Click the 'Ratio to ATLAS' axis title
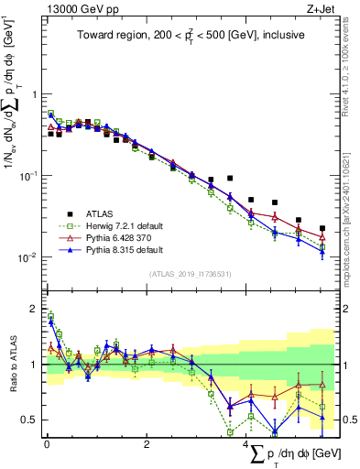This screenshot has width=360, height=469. (x=15, y=364)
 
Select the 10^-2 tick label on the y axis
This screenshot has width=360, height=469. (x=26, y=257)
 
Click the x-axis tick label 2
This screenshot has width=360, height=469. (x=147, y=444)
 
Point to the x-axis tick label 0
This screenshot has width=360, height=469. (x=47, y=444)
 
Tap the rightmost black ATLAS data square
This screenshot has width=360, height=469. (x=322, y=228)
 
